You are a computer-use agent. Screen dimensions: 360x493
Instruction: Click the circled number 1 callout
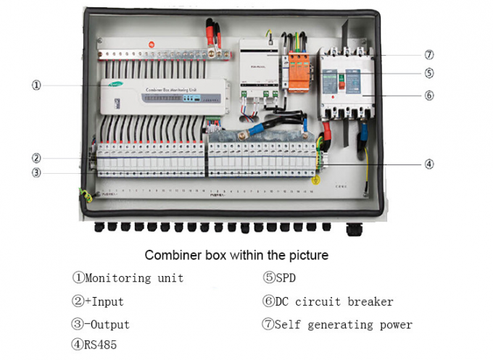tap(36, 85)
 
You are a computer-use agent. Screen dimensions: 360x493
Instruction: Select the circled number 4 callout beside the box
tap(429, 164)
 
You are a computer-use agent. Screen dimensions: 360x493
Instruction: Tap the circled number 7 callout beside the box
tap(429, 54)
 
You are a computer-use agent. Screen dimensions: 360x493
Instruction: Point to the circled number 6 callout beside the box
tap(429, 95)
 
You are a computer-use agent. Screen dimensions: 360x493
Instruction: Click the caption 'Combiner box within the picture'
tap(236, 255)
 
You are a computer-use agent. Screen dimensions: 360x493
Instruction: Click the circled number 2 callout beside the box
tap(36, 158)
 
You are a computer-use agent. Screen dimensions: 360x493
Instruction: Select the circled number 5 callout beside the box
tap(429, 72)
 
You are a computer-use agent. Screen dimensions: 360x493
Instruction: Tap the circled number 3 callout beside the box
tap(36, 172)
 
